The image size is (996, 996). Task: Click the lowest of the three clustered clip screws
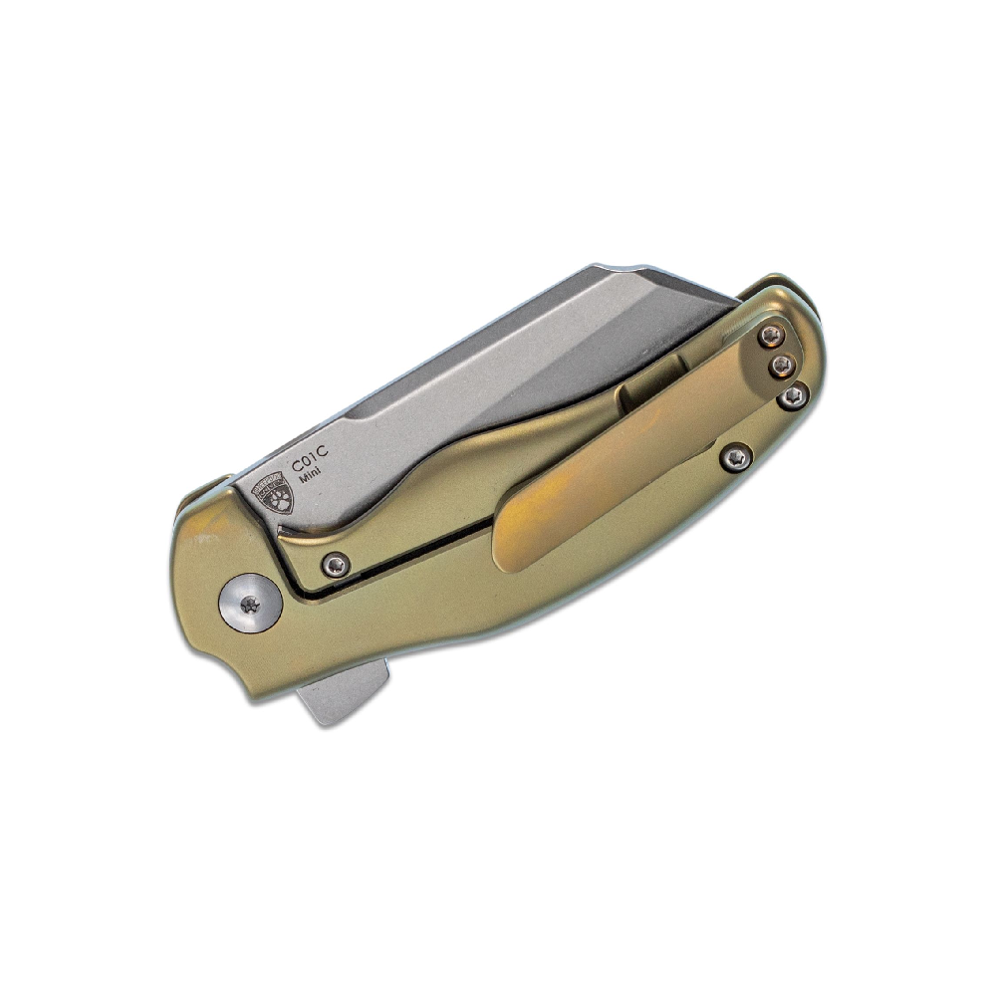(x=792, y=397)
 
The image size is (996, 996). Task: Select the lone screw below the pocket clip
(x=736, y=457)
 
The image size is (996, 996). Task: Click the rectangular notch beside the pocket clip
(x=642, y=391)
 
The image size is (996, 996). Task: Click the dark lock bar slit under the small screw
(x=398, y=558)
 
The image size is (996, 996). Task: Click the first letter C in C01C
(x=296, y=464)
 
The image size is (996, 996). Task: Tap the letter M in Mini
(x=302, y=481)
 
